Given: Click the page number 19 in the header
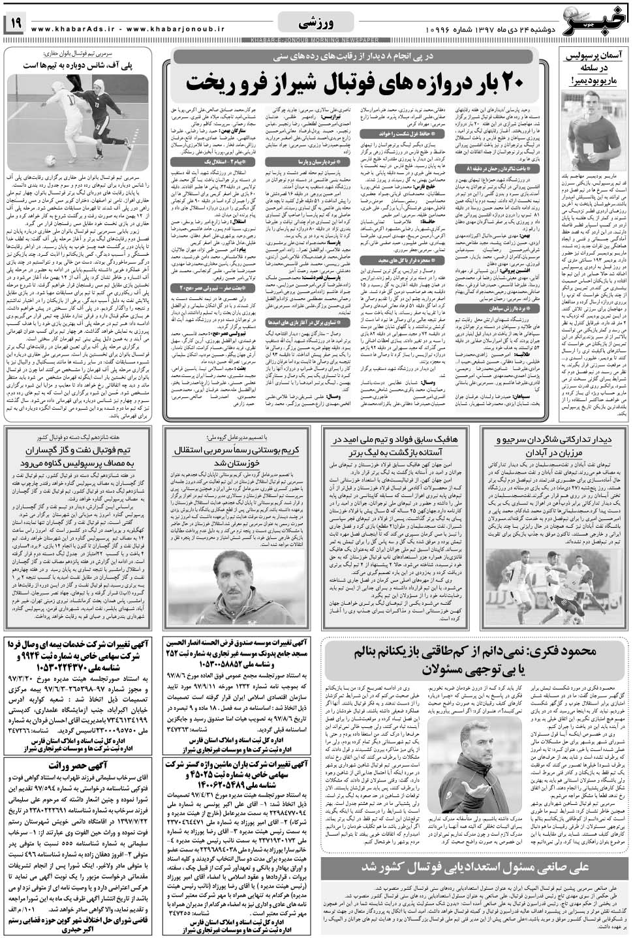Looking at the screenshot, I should click(x=15, y=24).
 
